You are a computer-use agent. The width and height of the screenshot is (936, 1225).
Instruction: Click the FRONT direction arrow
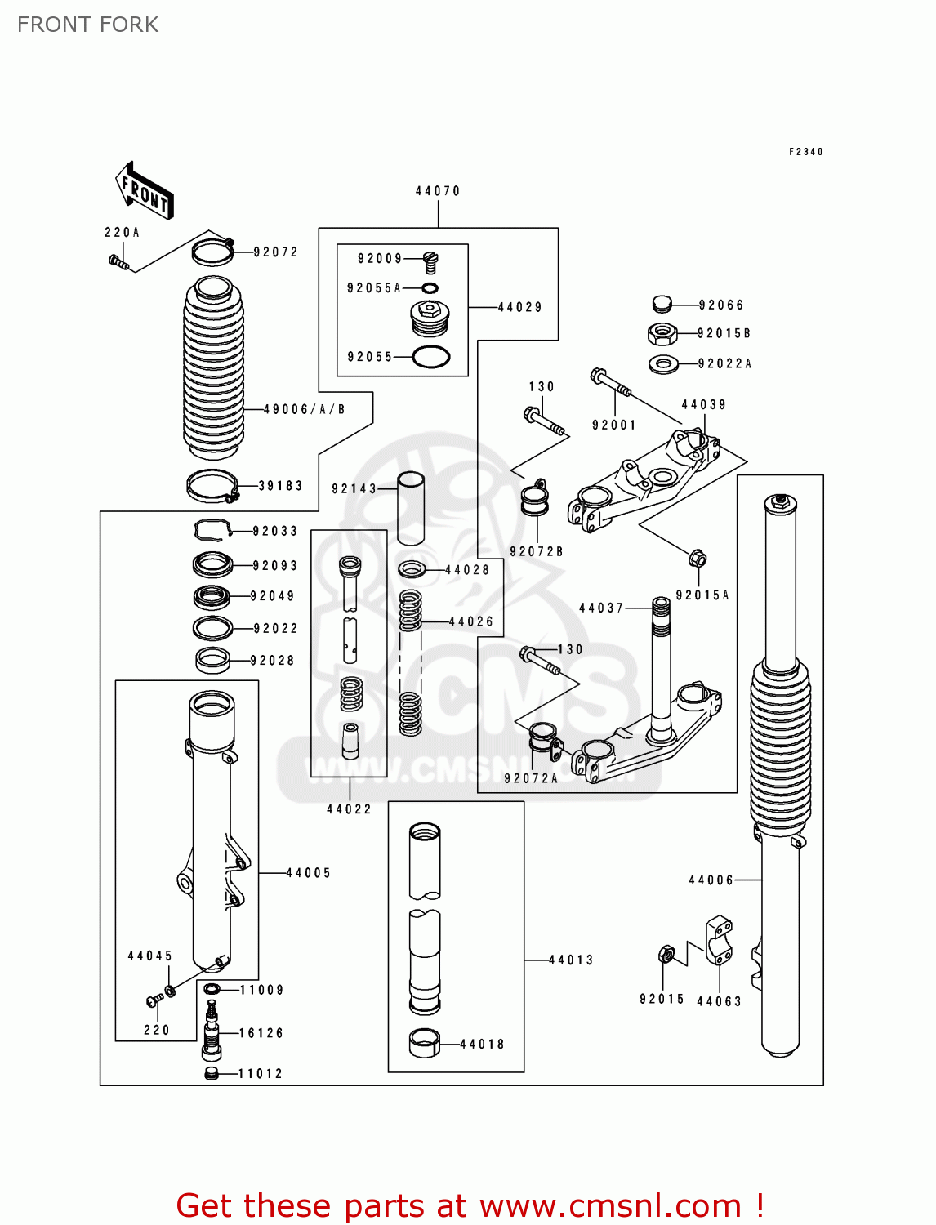(145, 191)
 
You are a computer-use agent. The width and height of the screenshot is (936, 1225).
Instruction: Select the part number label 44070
(438, 191)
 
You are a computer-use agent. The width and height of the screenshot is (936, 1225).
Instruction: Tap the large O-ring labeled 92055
(431, 357)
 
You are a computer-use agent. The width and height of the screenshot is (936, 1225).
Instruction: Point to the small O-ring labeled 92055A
(430, 288)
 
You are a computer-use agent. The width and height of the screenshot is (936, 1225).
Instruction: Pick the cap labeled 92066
(662, 305)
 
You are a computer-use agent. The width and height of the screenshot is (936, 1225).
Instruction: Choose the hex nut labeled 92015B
(662, 333)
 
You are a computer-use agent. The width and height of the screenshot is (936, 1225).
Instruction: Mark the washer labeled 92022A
(663, 363)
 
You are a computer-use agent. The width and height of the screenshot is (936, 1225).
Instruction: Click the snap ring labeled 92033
(212, 530)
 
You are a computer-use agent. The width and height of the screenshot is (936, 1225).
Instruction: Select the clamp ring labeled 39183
(212, 487)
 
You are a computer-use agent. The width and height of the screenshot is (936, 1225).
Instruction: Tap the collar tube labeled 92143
(411, 508)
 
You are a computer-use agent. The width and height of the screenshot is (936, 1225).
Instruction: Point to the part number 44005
(309, 873)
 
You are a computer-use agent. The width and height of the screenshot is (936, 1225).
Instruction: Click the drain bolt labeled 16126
(212, 1030)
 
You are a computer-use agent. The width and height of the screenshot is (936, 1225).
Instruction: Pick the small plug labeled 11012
(212, 1073)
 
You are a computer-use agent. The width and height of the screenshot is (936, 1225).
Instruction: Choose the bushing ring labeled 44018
(424, 1044)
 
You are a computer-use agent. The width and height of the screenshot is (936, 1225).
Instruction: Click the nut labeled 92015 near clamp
(666, 954)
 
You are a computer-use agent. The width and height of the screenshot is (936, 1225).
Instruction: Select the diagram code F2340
(805, 152)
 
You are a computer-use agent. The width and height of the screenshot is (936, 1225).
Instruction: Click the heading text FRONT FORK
(88, 24)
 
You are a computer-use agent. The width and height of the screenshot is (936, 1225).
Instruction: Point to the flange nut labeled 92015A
(698, 559)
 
